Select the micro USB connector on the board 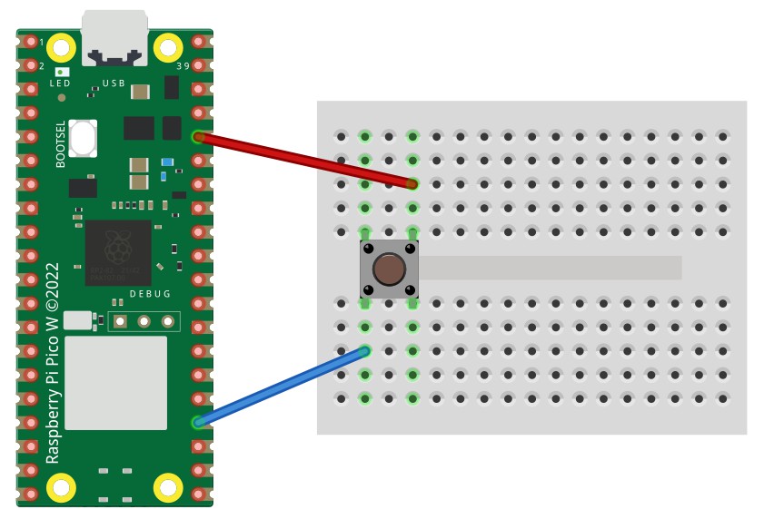coord(114,39)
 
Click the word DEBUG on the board coord(150,294)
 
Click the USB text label coord(114,83)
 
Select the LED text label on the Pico coord(60,83)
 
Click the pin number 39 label coord(184,66)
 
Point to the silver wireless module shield coord(116,382)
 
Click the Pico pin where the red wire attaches coord(199,138)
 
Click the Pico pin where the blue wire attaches coord(199,422)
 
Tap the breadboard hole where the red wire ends coord(412,184)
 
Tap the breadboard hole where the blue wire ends coord(365,350)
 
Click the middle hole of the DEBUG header coord(144,321)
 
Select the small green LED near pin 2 coord(61,71)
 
